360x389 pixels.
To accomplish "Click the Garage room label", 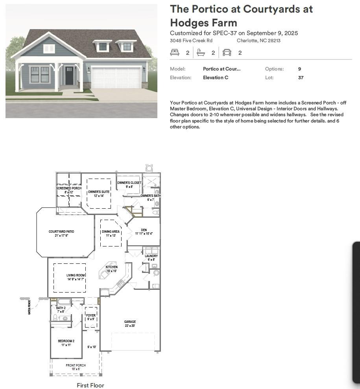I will click(x=130, y=322).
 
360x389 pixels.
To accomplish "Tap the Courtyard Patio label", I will click(x=61, y=232).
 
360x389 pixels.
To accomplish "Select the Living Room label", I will click(x=76, y=276).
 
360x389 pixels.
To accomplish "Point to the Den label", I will click(x=144, y=230).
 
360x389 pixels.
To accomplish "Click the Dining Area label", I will click(x=111, y=232).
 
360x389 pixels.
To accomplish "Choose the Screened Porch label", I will click(x=69, y=188).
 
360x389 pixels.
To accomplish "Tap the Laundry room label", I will click(x=151, y=256).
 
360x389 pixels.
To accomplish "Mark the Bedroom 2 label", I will click(x=66, y=341).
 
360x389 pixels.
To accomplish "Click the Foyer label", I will click(x=90, y=315).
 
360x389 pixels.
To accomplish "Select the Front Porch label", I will click(x=76, y=365).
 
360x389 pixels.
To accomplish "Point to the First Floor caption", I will click(x=90, y=385).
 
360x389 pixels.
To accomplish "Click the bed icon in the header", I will click(x=175, y=52).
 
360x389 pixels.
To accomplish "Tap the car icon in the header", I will click(x=227, y=52).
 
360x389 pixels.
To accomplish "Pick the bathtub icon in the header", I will click(x=201, y=52).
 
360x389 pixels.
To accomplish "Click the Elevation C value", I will click(x=215, y=78).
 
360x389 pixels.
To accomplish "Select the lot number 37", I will click(x=301, y=78).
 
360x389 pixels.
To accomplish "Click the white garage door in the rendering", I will click(x=116, y=78).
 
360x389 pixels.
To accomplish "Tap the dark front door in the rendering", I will click(x=70, y=76).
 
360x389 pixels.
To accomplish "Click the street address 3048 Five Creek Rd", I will click(x=191, y=41).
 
